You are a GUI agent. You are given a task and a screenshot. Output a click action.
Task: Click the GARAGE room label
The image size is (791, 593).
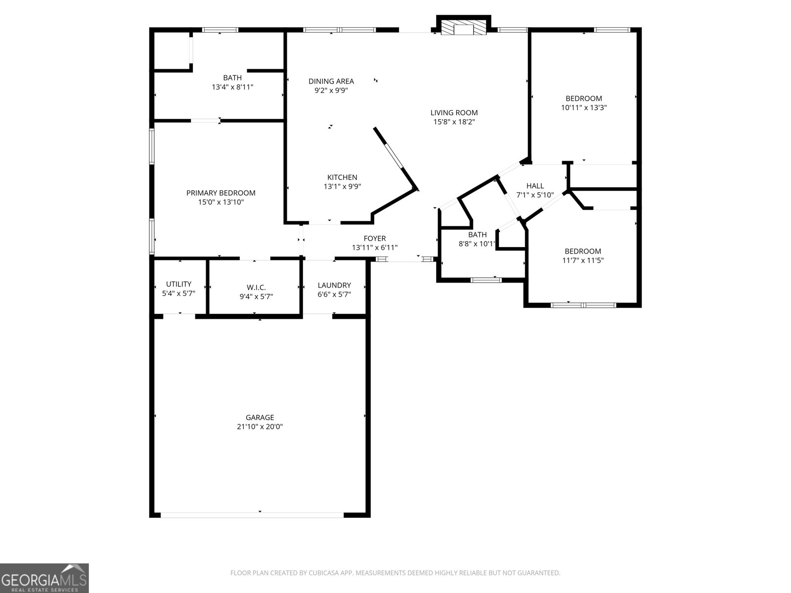tap(260, 418)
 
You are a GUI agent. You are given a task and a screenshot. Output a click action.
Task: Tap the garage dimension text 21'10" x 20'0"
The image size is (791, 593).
tap(260, 427)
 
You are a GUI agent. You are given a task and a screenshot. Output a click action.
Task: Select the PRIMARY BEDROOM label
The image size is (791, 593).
tap(220, 193)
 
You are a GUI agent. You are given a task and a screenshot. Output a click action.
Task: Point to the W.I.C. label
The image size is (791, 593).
tap(256, 288)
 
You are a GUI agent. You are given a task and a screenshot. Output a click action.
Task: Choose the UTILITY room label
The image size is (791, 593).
tap(178, 284)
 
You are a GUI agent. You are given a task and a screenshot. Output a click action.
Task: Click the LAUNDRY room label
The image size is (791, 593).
tap(334, 285)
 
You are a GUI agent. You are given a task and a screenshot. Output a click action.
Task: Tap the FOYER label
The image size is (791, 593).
tap(374, 239)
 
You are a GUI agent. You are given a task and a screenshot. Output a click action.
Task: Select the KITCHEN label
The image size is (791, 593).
tap(342, 177)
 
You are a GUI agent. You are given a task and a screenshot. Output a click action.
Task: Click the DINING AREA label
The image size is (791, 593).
tap(331, 81)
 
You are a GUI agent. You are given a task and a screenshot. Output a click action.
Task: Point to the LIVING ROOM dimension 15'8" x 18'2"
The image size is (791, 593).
tap(454, 122)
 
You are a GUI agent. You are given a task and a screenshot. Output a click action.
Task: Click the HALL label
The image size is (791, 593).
tap(535, 186)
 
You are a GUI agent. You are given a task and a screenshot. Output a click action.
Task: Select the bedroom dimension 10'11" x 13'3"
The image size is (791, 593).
tap(584, 107)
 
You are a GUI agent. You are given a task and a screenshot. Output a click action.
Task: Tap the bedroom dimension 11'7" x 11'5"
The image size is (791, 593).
tap(583, 260)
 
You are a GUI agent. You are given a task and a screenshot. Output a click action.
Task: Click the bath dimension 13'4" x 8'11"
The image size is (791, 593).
tap(232, 87)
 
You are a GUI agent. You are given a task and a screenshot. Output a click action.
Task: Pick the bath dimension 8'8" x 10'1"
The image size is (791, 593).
tap(477, 244)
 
